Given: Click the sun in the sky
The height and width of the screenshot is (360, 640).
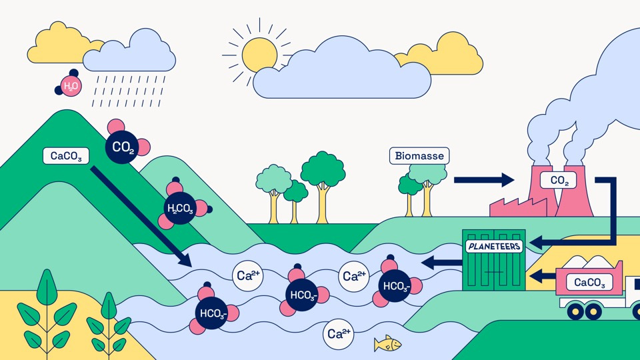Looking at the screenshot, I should tap(259, 53).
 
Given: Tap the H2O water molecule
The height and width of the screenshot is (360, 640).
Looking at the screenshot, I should tap(69, 86).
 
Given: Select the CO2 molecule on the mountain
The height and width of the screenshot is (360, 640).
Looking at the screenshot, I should tap(123, 145).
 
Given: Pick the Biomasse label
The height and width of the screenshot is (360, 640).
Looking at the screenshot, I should tap(419, 156).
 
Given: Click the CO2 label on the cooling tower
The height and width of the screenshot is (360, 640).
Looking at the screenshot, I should tap(557, 180).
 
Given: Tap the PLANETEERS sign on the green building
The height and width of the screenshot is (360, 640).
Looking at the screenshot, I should tap(494, 247).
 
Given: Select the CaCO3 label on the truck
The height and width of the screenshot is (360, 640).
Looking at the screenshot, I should tap(589, 283).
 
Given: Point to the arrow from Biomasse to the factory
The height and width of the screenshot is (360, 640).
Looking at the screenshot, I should tap(483, 179).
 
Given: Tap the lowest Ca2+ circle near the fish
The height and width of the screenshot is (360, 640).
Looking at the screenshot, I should tap(338, 334).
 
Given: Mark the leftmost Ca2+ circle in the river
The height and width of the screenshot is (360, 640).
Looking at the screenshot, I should tap(246, 275).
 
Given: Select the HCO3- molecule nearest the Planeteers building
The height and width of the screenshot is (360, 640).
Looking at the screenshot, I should tap(396, 285).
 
